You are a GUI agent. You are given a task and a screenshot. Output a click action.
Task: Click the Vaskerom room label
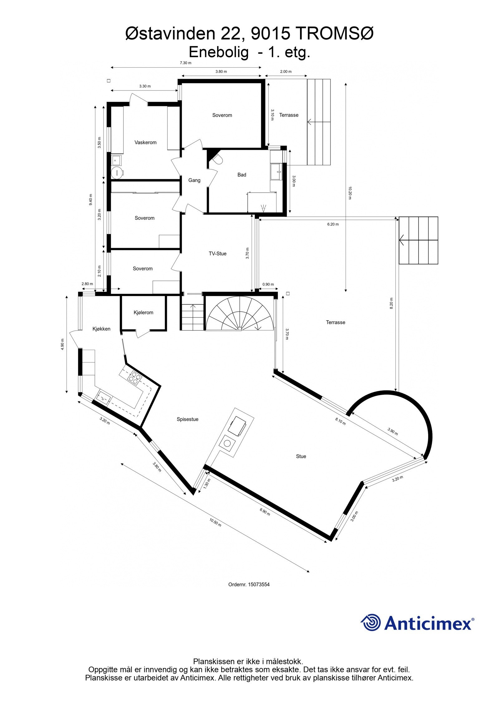click(145, 143)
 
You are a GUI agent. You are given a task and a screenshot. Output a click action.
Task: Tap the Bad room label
click(242, 175)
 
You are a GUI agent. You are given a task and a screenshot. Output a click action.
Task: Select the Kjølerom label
click(143, 313)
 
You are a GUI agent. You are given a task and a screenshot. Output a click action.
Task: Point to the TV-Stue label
click(217, 254)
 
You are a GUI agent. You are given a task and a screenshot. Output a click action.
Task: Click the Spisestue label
click(187, 419)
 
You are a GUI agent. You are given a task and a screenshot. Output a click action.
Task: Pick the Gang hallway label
click(194, 180)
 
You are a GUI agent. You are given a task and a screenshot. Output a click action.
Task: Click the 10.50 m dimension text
click(215, 522)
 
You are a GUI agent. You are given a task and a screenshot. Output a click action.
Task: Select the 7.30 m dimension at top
click(186, 63)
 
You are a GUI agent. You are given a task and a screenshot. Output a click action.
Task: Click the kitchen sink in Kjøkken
click(104, 398)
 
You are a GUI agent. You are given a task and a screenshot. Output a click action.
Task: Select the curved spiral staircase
click(240, 314)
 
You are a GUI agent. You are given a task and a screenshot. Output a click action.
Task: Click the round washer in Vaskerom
click(117, 172)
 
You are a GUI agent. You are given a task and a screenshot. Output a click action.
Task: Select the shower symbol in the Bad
click(264, 207)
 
